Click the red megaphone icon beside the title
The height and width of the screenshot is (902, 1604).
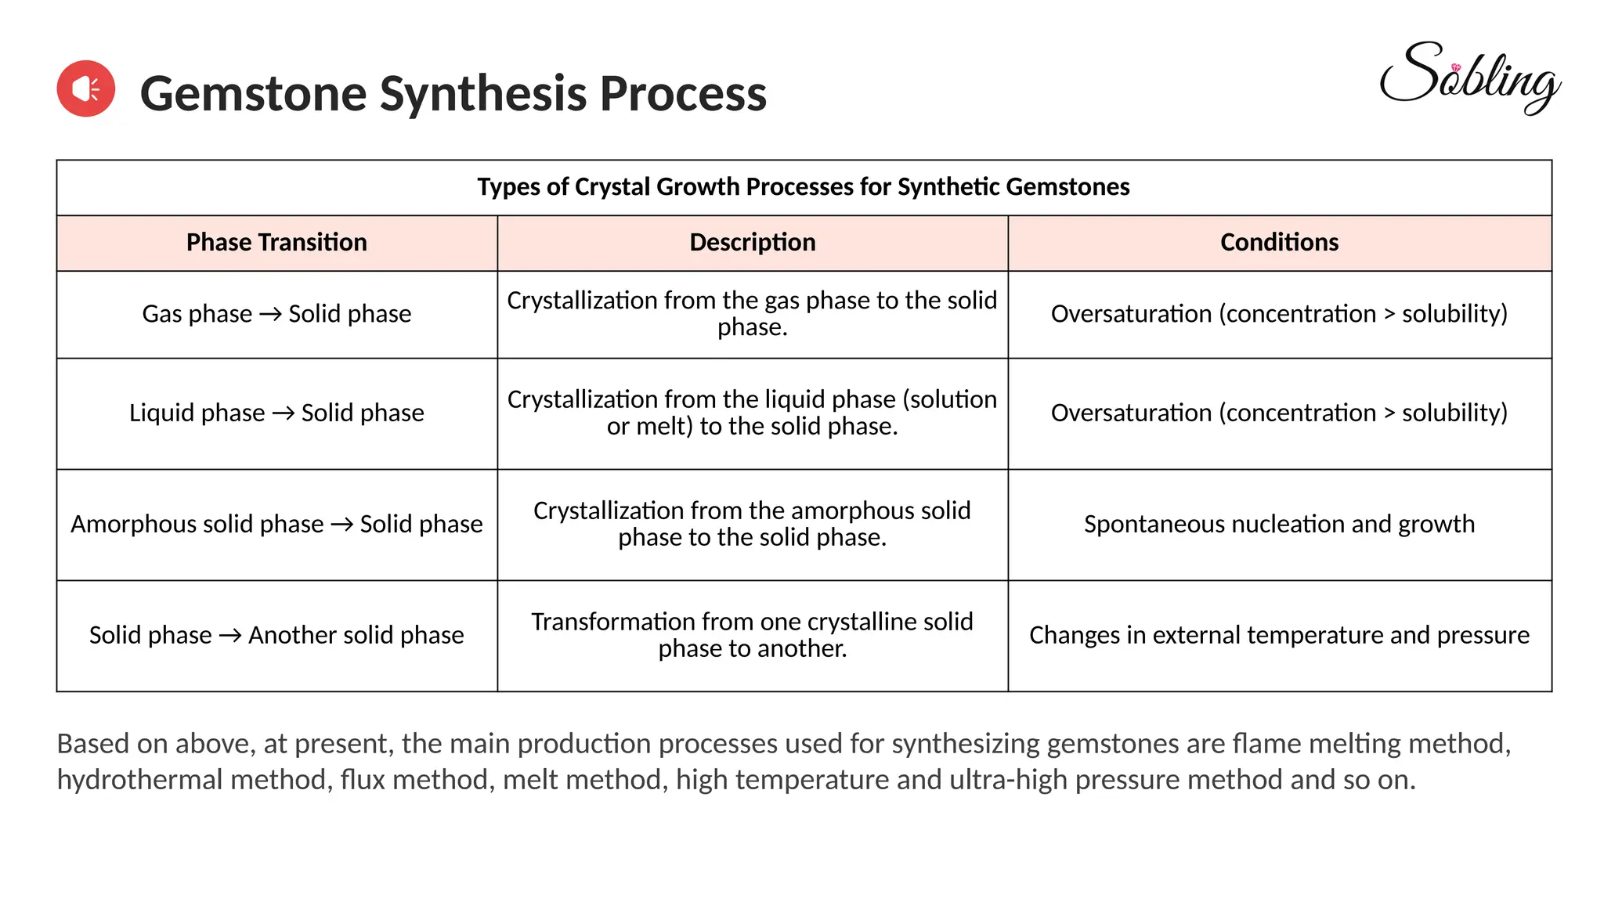(x=86, y=88)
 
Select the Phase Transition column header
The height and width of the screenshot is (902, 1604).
(x=276, y=243)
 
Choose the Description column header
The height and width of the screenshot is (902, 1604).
(x=752, y=243)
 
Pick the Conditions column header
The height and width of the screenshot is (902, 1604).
(x=1279, y=243)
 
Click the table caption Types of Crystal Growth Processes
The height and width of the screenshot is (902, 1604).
(x=803, y=187)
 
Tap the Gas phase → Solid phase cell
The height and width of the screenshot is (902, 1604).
(x=276, y=314)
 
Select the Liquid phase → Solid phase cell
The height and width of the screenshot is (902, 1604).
(x=276, y=413)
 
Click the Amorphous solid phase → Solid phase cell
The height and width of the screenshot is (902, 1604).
(x=276, y=525)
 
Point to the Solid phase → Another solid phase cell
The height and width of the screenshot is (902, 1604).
(x=276, y=635)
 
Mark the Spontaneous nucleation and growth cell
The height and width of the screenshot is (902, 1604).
(x=1279, y=525)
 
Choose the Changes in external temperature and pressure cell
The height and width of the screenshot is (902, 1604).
(x=1279, y=635)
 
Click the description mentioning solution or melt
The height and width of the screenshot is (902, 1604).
(x=752, y=413)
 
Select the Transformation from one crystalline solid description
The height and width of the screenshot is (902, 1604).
(x=752, y=635)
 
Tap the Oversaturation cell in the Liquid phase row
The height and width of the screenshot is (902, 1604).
(x=1279, y=413)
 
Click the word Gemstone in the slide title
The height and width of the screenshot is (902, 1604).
(x=253, y=94)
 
